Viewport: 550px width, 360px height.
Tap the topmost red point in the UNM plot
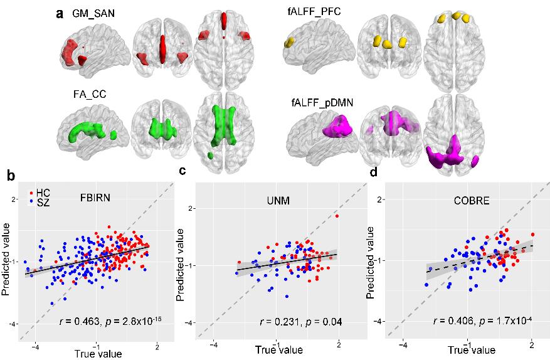point(337,216)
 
